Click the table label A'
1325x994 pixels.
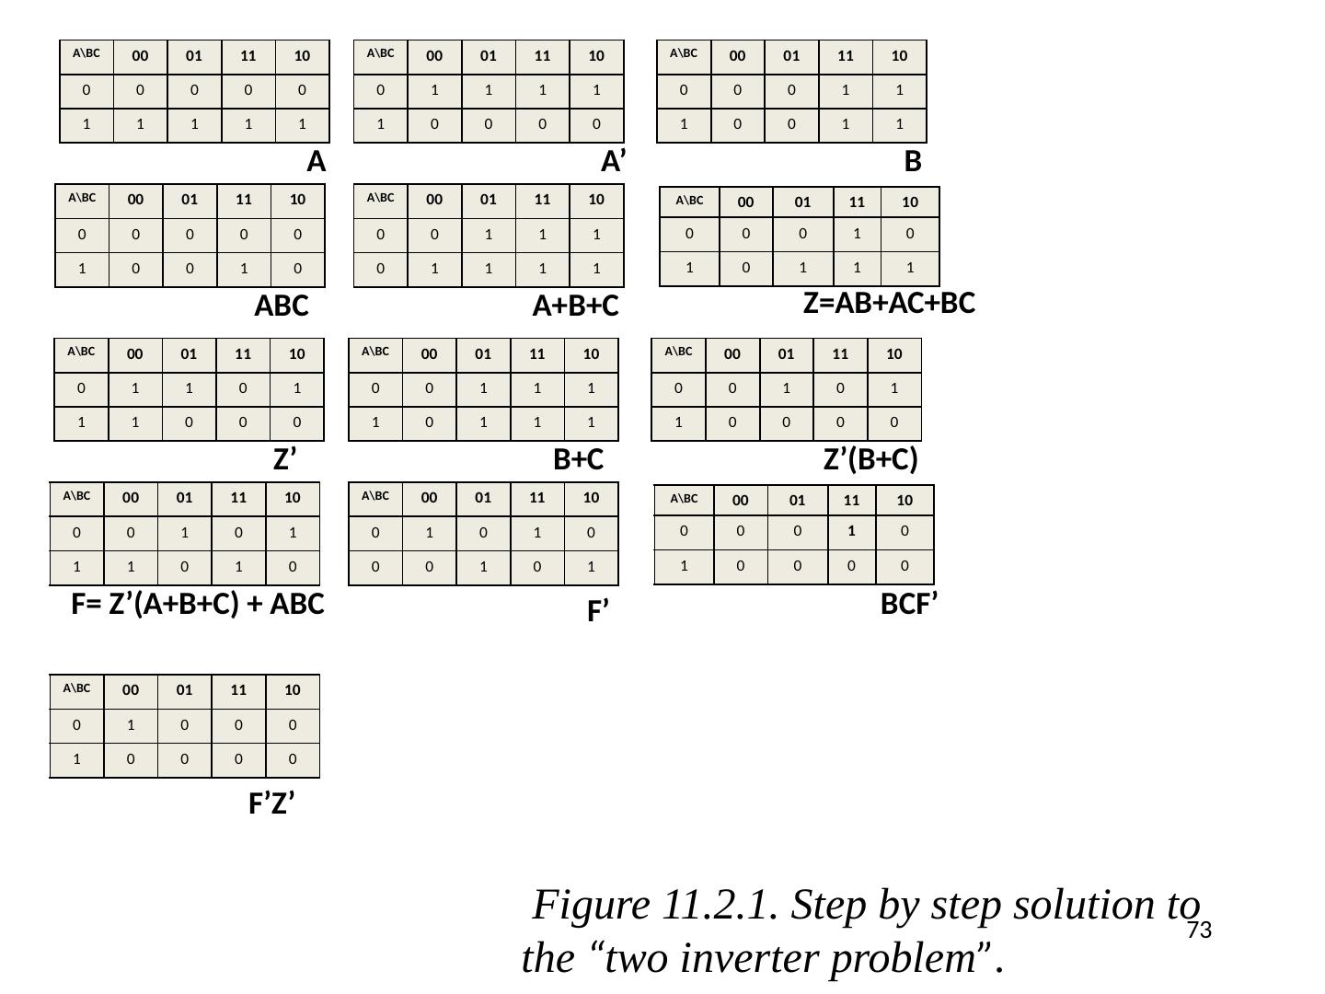coord(614,161)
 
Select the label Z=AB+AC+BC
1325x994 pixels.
coord(889,303)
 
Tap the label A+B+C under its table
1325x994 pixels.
coord(575,306)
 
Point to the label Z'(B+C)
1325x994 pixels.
coord(870,458)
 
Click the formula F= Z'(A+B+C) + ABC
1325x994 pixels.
coord(198,604)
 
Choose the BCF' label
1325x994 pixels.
coord(908,604)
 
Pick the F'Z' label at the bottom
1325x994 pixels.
coord(271,803)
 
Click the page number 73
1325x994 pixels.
coord(1199,930)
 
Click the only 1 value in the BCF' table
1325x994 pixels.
coord(851,530)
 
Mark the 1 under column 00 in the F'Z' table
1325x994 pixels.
coord(131,725)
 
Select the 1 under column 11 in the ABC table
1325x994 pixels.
coord(244,269)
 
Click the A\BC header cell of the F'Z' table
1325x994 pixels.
coord(76,688)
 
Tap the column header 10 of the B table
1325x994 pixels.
coord(899,55)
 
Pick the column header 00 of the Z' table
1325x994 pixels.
coord(135,353)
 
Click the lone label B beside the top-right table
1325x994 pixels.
coord(912,161)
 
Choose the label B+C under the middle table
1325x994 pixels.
coord(578,459)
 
